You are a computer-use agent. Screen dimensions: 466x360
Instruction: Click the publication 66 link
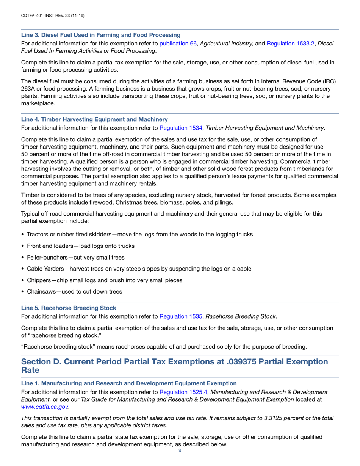(178, 44)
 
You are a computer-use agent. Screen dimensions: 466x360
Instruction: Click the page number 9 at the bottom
(180, 450)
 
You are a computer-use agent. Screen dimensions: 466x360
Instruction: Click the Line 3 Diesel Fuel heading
(100, 35)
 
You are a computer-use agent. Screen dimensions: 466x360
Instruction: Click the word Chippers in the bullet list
(39, 280)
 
